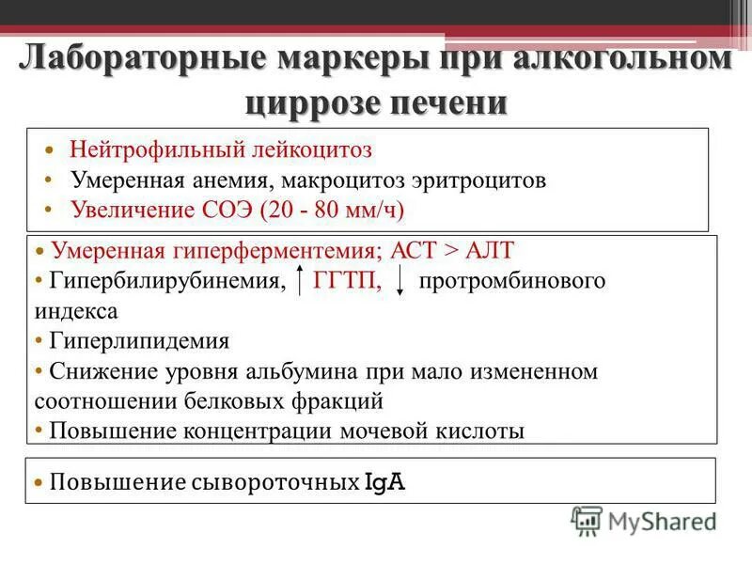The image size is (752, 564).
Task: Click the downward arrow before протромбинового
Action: (x=400, y=281)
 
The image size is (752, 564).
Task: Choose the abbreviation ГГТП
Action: (x=348, y=281)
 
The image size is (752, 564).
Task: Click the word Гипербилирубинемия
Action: (x=165, y=281)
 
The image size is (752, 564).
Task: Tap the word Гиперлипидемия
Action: (x=138, y=339)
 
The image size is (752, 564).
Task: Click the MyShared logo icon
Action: (x=587, y=519)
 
